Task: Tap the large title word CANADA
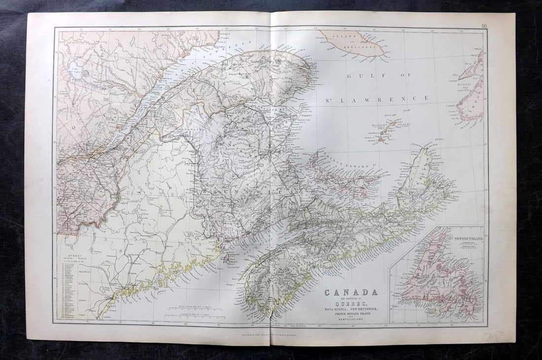click(351, 292)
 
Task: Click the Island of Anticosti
click(352, 43)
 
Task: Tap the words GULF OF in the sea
click(364, 76)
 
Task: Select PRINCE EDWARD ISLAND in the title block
click(351, 314)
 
